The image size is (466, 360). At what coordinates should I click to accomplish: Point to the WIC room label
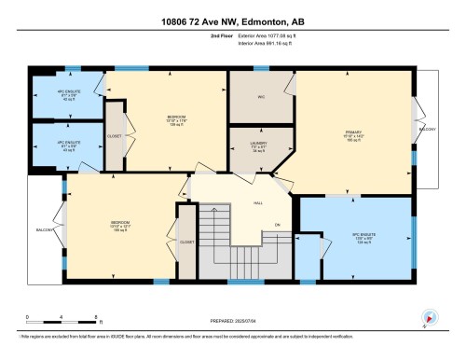[261, 97]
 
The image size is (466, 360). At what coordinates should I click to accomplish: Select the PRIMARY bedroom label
[354, 132]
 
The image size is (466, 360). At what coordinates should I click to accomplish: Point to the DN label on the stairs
[277, 224]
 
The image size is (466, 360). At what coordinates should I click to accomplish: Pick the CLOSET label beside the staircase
[186, 242]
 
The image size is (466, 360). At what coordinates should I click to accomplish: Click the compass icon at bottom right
[427, 317]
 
